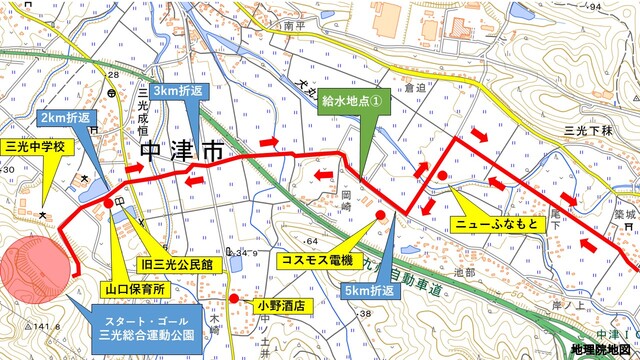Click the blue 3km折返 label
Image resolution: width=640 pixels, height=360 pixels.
[x=182, y=90]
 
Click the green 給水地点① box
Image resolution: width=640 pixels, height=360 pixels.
[x=351, y=101]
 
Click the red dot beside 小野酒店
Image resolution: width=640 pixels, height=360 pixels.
[x=233, y=298]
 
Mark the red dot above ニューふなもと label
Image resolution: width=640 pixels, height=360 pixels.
[x=441, y=177]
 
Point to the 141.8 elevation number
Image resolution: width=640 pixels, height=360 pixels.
[x=22, y=326]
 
